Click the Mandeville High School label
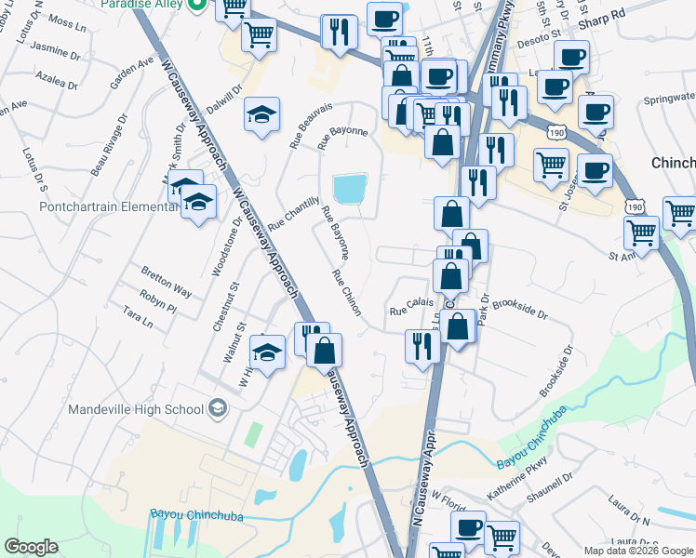coord(136,409)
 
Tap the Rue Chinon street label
coord(346,293)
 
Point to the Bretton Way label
coord(167,282)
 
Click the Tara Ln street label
coord(137,319)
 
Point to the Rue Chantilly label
coord(294,214)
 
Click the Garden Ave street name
coord(131,73)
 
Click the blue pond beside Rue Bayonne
coord(351,189)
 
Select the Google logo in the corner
coord(31,547)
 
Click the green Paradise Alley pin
coord(196,5)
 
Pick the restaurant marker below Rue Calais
coord(422,346)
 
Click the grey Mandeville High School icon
coord(217,407)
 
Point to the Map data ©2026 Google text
coord(639,551)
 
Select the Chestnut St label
coord(225,308)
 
